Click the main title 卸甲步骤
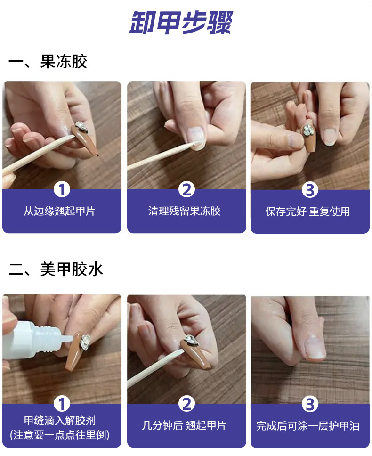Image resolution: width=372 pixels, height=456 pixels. tap(181, 23)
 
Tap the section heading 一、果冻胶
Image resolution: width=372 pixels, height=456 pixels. tap(48, 61)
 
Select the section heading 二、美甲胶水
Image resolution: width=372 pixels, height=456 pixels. tap(56, 269)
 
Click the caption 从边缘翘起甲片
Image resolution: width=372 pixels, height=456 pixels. tap(60, 211)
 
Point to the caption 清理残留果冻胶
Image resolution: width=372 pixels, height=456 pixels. tap(185, 211)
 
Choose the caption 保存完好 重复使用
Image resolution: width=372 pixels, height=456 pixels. tap(307, 212)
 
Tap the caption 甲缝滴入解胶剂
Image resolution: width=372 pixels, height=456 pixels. tap(60, 420)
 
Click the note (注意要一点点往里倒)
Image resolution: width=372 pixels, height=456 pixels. tap(60, 435)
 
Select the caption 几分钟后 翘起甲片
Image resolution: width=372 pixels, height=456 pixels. tap(184, 425)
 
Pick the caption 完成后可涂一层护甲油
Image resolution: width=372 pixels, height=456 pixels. tap(308, 426)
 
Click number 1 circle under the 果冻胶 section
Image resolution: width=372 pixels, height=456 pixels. tap(62, 190)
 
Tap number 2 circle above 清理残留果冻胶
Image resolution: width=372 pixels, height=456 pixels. tap(186, 190)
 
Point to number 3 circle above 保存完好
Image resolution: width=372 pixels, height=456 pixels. tap(310, 190)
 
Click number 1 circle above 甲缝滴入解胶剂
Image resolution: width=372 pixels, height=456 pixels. tap(62, 404)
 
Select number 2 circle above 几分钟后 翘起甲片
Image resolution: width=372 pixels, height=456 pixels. tap(186, 404)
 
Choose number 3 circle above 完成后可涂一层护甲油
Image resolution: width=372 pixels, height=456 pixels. tap(310, 404)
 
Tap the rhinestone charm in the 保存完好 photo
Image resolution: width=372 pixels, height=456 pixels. tap(308, 130)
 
